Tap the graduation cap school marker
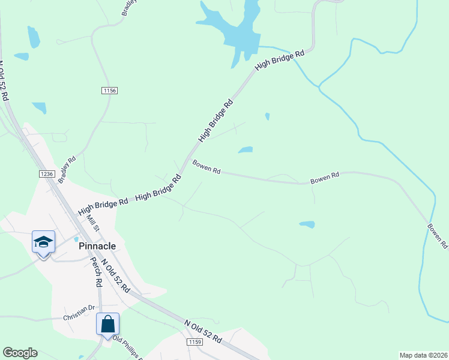click(x=43, y=242)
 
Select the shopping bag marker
click(x=107, y=325)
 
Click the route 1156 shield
click(x=109, y=90)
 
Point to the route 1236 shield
click(x=47, y=174)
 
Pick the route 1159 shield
click(x=194, y=341)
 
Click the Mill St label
click(x=92, y=225)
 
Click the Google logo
click(x=20, y=353)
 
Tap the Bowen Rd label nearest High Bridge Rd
click(x=206, y=167)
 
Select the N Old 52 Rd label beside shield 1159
click(x=203, y=331)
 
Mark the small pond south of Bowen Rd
click(x=307, y=224)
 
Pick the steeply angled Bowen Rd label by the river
click(x=438, y=236)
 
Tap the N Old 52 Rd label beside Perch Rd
click(x=116, y=275)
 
